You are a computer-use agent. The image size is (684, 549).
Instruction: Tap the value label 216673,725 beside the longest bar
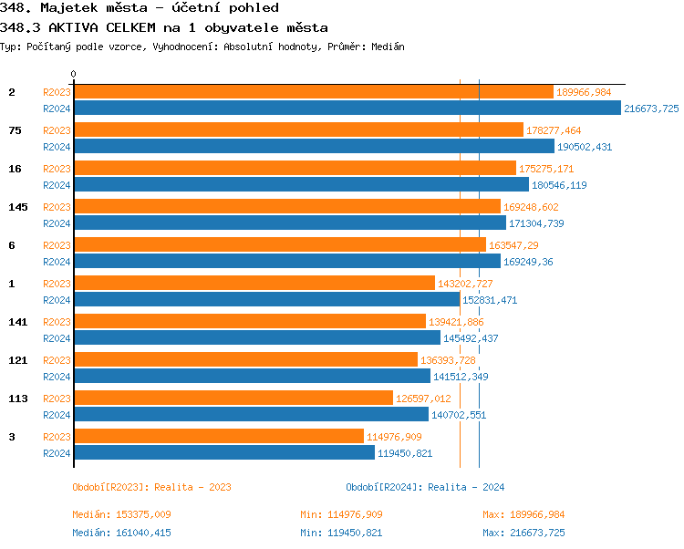pyautogui.click(x=651, y=109)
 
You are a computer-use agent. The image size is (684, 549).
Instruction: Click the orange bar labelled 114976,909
pyautogui.click(x=218, y=437)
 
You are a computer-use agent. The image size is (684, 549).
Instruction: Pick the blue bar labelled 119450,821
pyautogui.click(x=223, y=453)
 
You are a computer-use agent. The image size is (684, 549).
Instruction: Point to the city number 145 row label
pyautogui.click(x=18, y=207)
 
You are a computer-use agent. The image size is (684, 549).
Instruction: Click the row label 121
pyautogui.click(x=18, y=360)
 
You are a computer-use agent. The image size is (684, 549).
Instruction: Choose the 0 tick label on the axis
pyautogui.click(x=74, y=74)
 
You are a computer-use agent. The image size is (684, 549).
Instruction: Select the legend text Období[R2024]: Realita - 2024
pyautogui.click(x=425, y=487)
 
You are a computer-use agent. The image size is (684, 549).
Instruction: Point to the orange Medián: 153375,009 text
pyautogui.click(x=121, y=515)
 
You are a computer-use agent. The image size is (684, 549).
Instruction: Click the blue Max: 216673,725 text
pyautogui.click(x=523, y=533)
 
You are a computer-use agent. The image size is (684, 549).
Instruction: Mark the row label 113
pyautogui.click(x=18, y=399)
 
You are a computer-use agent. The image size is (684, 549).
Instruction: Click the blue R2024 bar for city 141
pyautogui.click(x=256, y=338)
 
